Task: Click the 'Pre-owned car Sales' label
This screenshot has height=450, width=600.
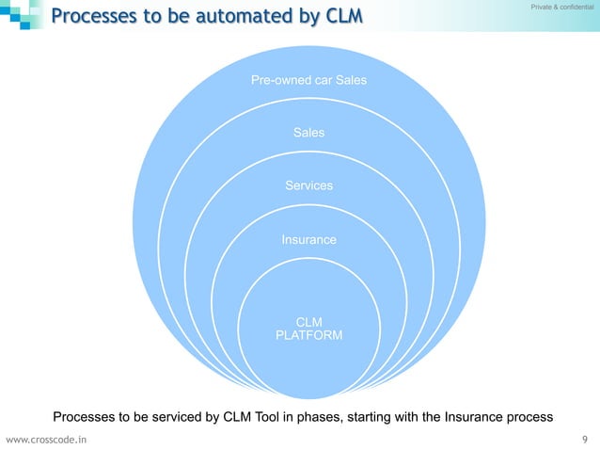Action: (308, 80)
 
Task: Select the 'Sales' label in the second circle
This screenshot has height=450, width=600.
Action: (308, 133)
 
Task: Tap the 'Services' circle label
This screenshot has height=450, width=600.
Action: (308, 185)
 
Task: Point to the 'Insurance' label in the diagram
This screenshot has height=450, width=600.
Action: (308, 240)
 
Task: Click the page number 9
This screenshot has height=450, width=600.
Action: (586, 439)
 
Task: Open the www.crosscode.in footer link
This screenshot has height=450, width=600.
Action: (46, 439)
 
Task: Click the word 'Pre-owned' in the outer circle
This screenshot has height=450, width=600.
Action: (279, 80)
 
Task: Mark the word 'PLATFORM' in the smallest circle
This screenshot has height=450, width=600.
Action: (308, 336)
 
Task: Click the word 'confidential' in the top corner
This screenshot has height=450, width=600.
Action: (574, 8)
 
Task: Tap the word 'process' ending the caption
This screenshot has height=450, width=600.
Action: (529, 416)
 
